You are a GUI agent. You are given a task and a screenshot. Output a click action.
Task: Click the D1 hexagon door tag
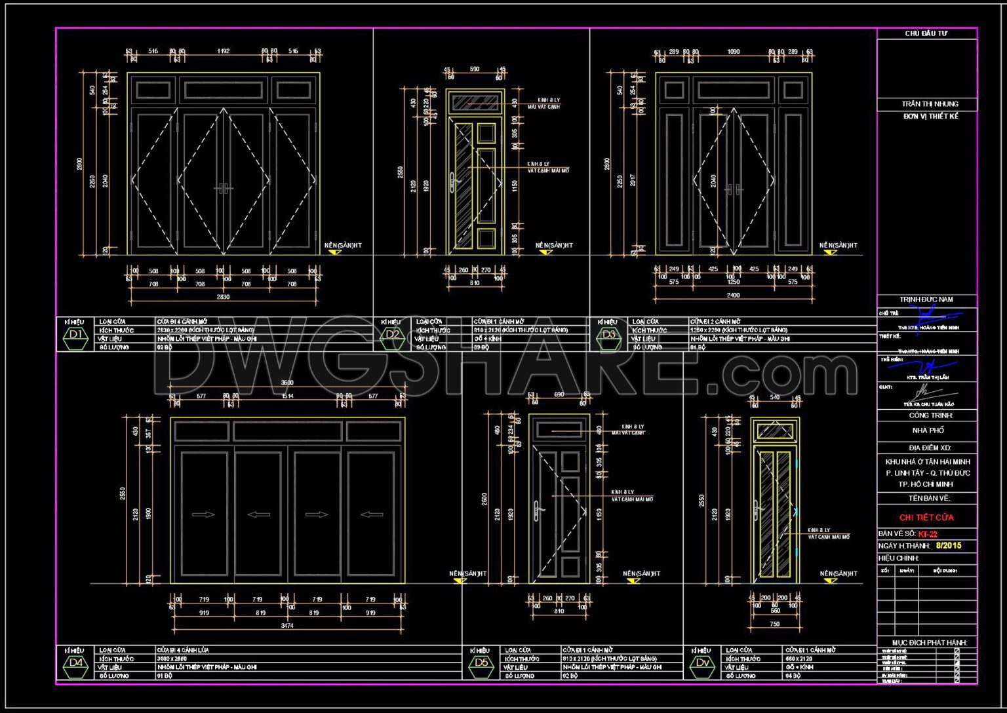point(76,335)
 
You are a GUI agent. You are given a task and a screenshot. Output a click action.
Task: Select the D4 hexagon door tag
point(76,663)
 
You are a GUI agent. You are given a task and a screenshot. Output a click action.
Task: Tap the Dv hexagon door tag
point(703,663)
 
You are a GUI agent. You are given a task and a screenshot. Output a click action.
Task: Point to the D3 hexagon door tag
point(609,335)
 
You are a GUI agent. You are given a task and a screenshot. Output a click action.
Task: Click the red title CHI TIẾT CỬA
point(926,518)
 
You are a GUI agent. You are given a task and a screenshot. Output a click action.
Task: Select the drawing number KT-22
point(928,534)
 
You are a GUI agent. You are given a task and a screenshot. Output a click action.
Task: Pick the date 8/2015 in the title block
point(949,545)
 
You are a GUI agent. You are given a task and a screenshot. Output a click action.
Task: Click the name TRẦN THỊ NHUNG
point(930,104)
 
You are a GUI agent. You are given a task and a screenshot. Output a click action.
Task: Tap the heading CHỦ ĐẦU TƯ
point(926,33)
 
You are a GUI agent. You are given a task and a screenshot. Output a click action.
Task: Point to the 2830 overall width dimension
point(224,297)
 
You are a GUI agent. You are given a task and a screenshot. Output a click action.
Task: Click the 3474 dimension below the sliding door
point(287,626)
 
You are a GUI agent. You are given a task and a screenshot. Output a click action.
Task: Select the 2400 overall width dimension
point(733,296)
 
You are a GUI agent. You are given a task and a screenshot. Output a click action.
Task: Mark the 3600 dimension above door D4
point(287,383)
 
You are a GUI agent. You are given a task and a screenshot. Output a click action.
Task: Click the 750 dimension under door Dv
point(774,625)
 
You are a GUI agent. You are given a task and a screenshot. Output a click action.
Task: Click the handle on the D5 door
point(537,511)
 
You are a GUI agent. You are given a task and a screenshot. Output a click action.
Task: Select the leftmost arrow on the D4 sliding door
point(203,514)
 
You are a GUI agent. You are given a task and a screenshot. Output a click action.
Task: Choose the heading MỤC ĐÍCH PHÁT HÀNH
point(930,642)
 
